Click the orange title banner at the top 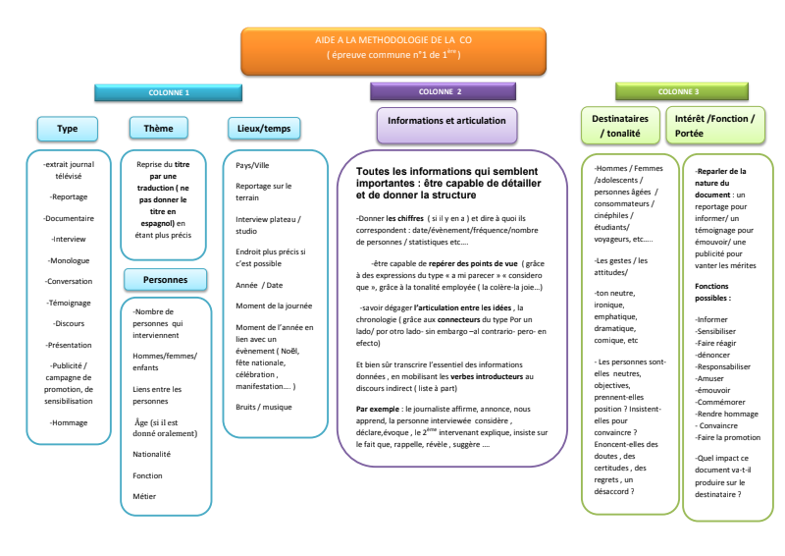pyautogui.click(x=392, y=50)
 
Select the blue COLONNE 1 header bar pyautogui.click(x=169, y=91)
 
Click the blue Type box pyautogui.click(x=67, y=129)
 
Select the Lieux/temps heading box pyautogui.click(x=263, y=129)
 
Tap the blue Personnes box pyautogui.click(x=165, y=280)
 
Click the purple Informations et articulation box pyautogui.click(x=446, y=122)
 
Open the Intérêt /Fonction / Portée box pyautogui.click(x=714, y=126)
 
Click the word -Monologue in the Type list pyautogui.click(x=68, y=260)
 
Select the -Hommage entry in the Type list pyautogui.click(x=68, y=422)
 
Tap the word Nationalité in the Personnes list pyautogui.click(x=151, y=454)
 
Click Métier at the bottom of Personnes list pyautogui.click(x=144, y=496)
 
